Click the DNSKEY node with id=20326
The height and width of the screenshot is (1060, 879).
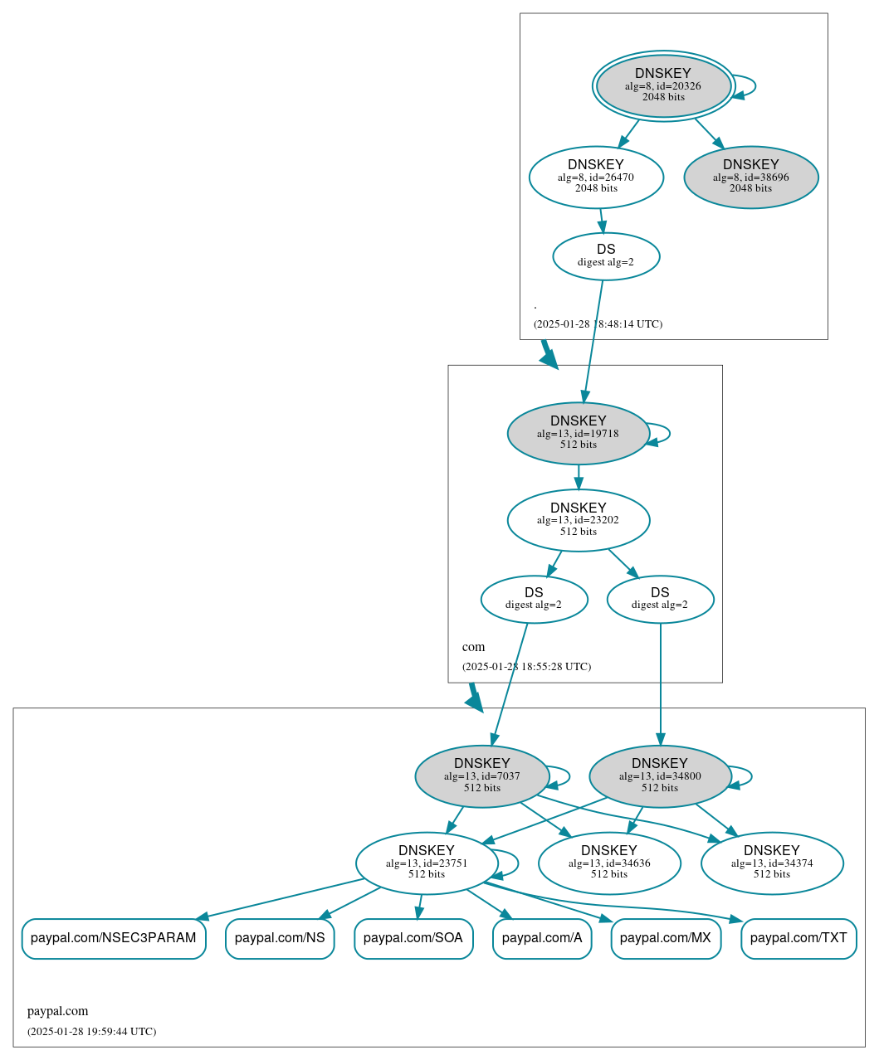click(663, 85)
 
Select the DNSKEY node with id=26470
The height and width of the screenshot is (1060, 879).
click(596, 177)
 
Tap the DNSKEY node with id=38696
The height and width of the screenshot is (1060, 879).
click(751, 177)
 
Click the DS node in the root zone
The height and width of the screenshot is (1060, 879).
click(606, 255)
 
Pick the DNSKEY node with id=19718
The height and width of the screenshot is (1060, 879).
click(579, 433)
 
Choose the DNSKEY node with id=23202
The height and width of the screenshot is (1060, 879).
click(579, 520)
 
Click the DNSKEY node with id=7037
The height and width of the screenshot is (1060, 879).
click(482, 776)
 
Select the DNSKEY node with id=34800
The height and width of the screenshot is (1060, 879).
click(660, 776)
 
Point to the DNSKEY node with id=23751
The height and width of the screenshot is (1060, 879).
click(427, 863)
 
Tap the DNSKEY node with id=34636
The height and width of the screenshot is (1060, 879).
click(609, 863)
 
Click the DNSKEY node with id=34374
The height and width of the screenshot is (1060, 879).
click(772, 863)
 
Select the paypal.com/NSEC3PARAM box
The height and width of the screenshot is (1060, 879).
click(114, 938)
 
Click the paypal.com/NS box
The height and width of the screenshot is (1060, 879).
click(280, 938)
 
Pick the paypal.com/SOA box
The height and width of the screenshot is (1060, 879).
click(413, 938)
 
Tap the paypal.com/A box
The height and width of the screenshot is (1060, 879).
click(542, 938)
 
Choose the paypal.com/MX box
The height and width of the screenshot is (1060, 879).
click(666, 938)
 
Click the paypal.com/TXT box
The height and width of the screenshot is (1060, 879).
click(798, 938)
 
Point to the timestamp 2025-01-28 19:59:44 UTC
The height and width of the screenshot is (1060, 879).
click(91, 1032)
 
